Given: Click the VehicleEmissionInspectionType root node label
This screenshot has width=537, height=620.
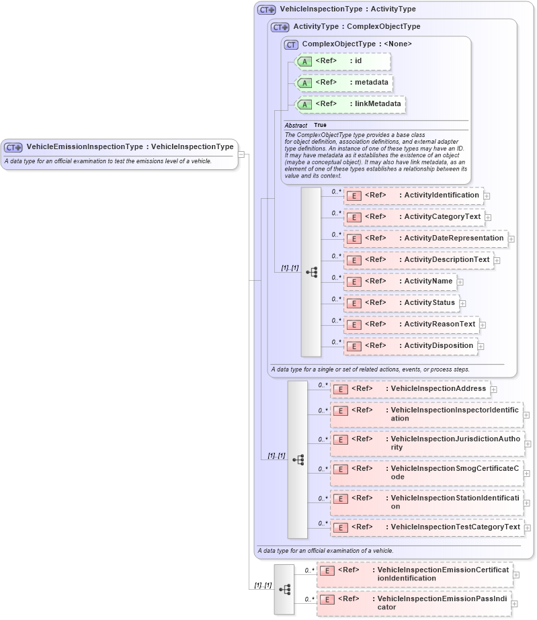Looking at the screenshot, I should [x=129, y=146].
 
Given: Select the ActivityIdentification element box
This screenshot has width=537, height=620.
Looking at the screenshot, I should [x=413, y=195].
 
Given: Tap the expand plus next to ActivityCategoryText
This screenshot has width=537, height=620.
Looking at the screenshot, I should [x=488, y=218].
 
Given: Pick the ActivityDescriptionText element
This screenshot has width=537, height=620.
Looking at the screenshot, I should [x=418, y=260].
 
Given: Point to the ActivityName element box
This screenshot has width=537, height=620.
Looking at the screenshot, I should [x=399, y=281].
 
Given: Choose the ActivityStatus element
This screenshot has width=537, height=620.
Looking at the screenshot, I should [x=401, y=303].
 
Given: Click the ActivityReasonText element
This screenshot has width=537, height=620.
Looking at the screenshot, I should [x=411, y=324].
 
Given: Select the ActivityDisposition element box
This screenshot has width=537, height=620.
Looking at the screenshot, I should [x=410, y=346].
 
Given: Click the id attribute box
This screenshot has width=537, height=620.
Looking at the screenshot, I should [x=343, y=61].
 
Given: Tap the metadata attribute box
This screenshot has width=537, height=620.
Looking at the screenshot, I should [x=345, y=83].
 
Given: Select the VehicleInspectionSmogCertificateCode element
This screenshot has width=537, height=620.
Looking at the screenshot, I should [x=426, y=472].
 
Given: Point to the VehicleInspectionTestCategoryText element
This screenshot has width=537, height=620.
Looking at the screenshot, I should [x=427, y=527].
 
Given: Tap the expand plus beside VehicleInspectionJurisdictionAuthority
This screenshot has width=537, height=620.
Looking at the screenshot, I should [x=528, y=444].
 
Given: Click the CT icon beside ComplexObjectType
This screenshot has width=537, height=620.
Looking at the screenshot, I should [x=291, y=44].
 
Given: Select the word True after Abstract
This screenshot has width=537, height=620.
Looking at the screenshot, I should [x=320, y=126].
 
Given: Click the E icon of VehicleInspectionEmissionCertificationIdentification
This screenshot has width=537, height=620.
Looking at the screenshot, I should [x=327, y=571].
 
